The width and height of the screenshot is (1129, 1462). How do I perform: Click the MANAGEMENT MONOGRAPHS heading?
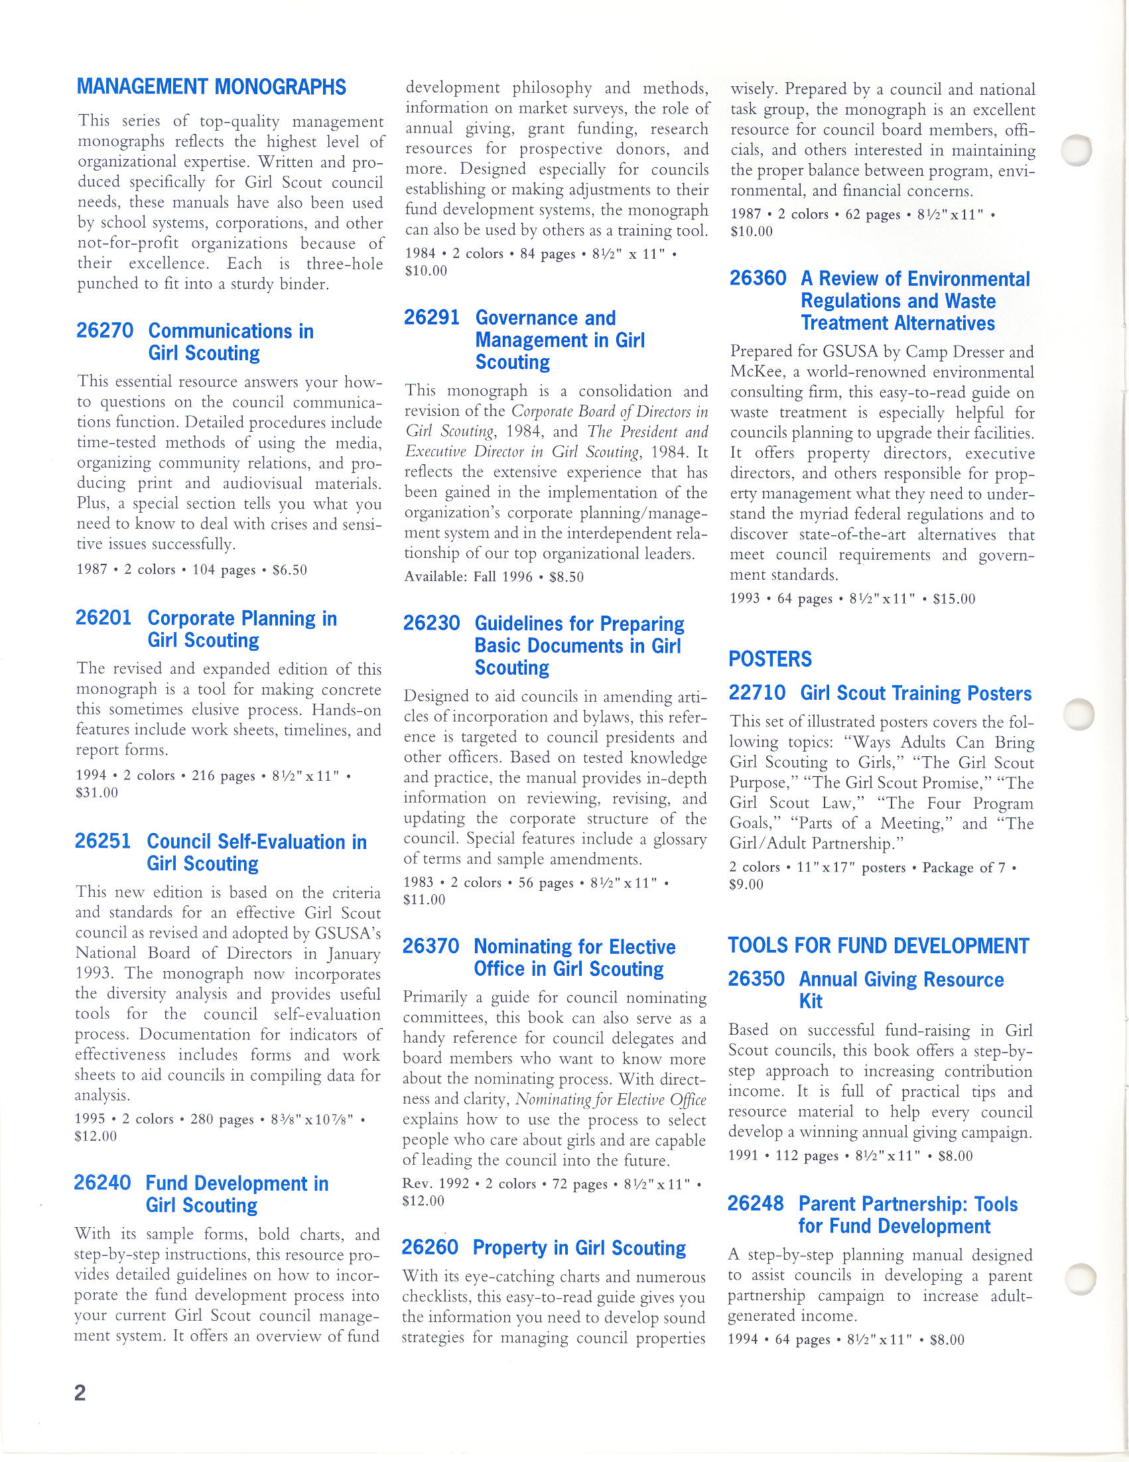[x=212, y=87]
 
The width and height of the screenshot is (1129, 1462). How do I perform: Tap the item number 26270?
[x=104, y=331]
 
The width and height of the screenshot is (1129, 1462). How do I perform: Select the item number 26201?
[x=103, y=618]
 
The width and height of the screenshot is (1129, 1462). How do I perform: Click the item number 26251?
[x=103, y=841]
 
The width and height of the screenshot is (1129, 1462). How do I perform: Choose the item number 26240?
[x=102, y=1183]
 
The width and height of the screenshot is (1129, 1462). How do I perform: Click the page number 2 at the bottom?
[x=80, y=1393]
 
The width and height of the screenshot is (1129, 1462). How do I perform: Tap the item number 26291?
[x=432, y=317]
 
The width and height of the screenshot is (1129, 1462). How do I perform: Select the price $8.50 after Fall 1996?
[x=566, y=577]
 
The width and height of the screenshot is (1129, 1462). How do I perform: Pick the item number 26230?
[x=432, y=624]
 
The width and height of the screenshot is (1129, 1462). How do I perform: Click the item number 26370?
[x=431, y=947]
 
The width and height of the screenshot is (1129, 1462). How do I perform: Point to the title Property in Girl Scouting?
[x=579, y=1248]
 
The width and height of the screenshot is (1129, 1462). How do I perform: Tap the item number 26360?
[x=758, y=278]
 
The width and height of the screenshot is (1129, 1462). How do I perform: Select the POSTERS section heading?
[x=769, y=659]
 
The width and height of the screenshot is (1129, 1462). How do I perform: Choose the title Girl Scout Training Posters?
[x=915, y=693]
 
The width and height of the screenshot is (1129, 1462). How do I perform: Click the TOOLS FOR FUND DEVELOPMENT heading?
[x=878, y=945]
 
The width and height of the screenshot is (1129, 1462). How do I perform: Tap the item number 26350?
[x=756, y=978]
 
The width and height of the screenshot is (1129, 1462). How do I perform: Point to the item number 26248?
[x=756, y=1203]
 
